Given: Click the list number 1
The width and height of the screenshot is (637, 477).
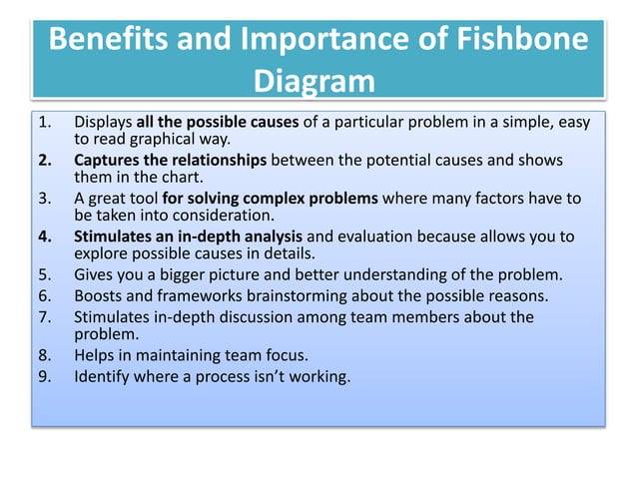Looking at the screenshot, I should click(x=44, y=123).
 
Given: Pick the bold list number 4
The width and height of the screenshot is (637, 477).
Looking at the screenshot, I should click(x=44, y=237).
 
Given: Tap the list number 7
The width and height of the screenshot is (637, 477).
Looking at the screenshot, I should click(x=44, y=317).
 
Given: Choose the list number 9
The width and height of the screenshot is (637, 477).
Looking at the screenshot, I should click(x=44, y=376).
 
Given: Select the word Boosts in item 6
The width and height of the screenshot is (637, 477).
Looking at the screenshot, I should click(x=98, y=295).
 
